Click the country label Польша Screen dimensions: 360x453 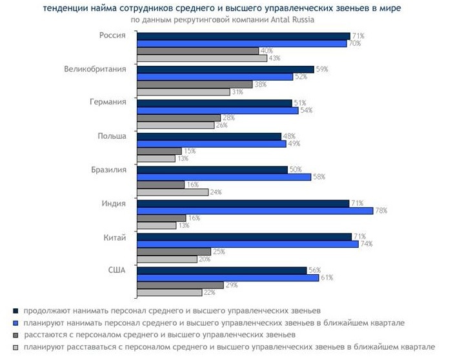tap(113, 136)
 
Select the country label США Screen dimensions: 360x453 tap(116, 270)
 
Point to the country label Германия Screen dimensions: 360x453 tap(108, 103)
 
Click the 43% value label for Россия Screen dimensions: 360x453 tap(274, 59)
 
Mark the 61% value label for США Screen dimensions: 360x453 tap(326, 277)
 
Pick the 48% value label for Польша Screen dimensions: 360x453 tap(288, 136)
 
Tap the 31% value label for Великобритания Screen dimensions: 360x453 tap(237, 92)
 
